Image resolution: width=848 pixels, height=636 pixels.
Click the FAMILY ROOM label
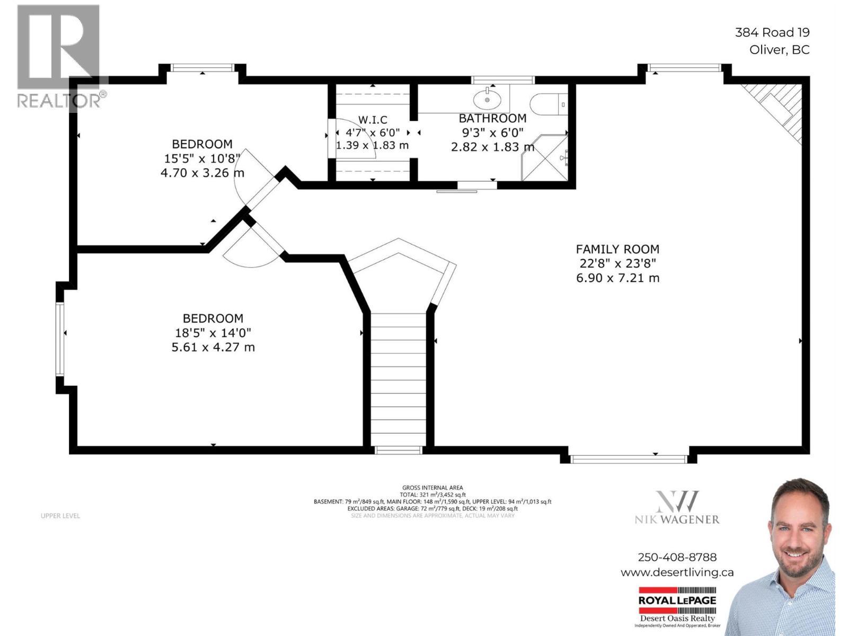coord(617,249)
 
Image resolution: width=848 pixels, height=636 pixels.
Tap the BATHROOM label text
coord(492,118)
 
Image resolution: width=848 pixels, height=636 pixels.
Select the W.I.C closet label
coord(373,120)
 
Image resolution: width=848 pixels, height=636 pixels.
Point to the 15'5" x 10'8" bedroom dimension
coord(202,158)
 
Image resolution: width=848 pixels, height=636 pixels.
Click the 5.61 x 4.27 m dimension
coord(213,347)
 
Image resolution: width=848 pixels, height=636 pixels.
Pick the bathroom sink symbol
coord(488,99)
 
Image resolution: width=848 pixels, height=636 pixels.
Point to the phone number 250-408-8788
coord(677,557)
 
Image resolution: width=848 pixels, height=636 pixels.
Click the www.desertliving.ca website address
coord(677,572)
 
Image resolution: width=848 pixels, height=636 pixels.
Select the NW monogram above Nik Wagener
coord(677,501)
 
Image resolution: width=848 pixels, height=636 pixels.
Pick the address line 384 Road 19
coord(772,32)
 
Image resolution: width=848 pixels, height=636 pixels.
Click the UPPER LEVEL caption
coord(60,516)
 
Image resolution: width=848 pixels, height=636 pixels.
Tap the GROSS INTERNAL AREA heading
coord(432,488)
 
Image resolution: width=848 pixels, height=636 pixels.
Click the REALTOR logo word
coord(59,100)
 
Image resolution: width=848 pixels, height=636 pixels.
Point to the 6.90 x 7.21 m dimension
coord(617,278)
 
